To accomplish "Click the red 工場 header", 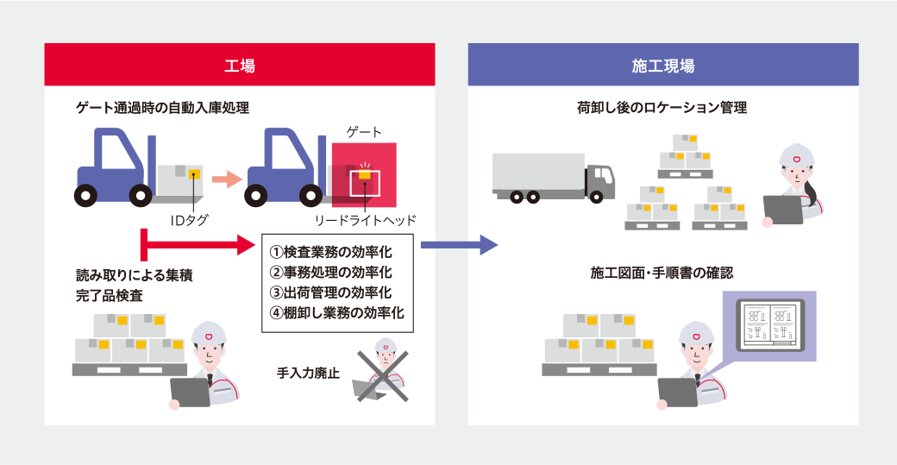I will (x=240, y=66).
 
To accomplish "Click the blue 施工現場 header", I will (x=663, y=66).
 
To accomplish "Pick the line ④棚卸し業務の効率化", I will (x=337, y=312).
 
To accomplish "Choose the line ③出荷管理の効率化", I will (x=331, y=292).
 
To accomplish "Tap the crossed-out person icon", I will (x=384, y=374).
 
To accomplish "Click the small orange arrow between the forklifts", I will (x=226, y=179).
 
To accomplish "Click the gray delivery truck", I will (x=553, y=179).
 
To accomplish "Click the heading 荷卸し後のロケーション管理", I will (x=662, y=108).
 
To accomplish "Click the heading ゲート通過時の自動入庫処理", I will (x=162, y=108).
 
